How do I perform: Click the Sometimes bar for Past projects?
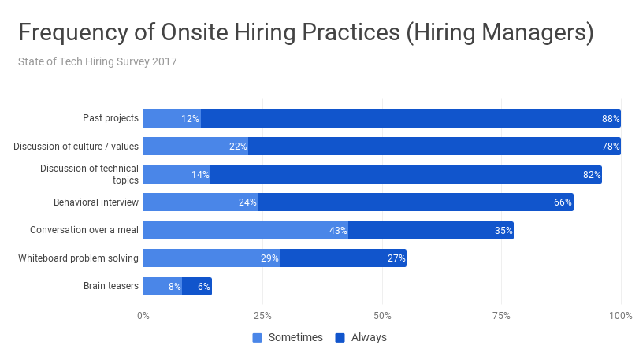(172, 118)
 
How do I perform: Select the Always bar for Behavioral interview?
(415, 202)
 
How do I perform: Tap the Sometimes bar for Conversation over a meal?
(245, 231)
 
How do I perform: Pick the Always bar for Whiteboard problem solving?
(343, 258)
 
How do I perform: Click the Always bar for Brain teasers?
(197, 287)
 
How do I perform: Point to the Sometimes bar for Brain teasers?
(162, 287)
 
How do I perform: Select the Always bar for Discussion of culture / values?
(434, 147)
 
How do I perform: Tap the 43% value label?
(338, 231)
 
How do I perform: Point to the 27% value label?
(396, 258)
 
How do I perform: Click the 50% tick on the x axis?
(382, 316)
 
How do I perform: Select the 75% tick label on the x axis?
(501, 316)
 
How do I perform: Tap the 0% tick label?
(143, 316)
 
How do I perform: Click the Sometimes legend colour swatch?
(257, 338)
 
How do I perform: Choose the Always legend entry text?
(369, 338)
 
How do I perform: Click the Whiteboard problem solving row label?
(79, 258)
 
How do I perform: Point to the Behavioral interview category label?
(96, 202)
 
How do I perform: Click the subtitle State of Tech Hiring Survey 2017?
(98, 61)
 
